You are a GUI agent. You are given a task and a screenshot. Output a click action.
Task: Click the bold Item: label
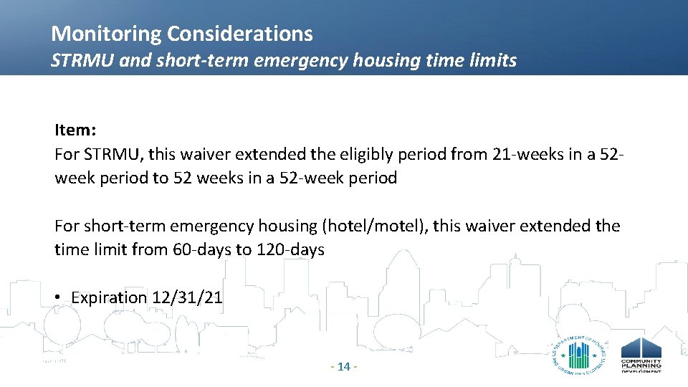[74, 130]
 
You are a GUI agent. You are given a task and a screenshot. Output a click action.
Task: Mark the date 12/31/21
[188, 297]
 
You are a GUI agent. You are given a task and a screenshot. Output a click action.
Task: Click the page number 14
[343, 367]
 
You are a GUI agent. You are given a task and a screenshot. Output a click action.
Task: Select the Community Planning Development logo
[641, 355]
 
